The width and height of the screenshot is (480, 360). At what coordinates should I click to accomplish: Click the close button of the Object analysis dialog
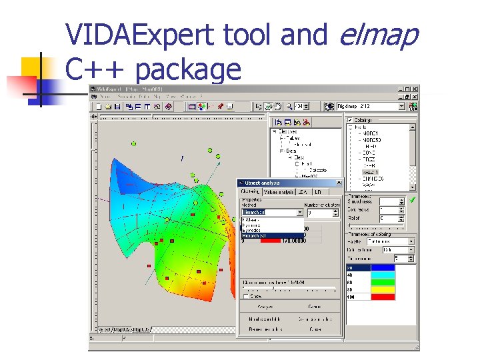pyautogui.click(x=338, y=183)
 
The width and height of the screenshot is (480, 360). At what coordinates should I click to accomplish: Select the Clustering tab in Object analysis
pyautogui.click(x=251, y=192)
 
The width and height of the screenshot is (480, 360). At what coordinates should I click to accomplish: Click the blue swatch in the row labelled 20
pyautogui.click(x=383, y=268)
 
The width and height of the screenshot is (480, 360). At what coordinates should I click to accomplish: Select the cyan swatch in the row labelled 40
pyautogui.click(x=383, y=275)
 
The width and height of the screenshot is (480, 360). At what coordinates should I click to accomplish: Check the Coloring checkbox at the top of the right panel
pyautogui.click(x=349, y=120)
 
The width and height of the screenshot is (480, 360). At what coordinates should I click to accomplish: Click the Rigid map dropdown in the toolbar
pyautogui.click(x=371, y=106)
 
